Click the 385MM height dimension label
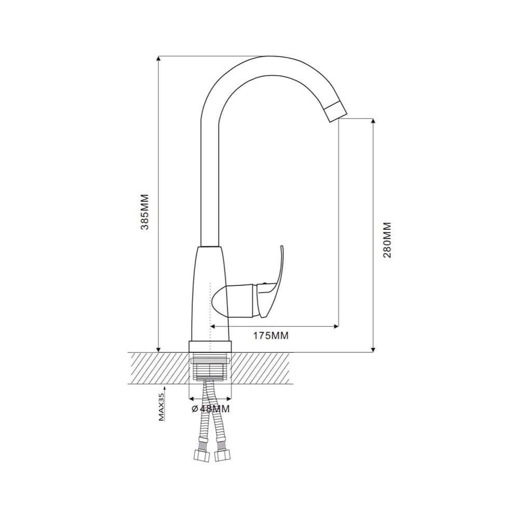click(x=145, y=212)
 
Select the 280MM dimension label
click(x=387, y=240)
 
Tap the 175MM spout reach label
click(x=271, y=336)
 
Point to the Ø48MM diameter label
click(x=211, y=409)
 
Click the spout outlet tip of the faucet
click(x=335, y=113)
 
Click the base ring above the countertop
click(x=210, y=347)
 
